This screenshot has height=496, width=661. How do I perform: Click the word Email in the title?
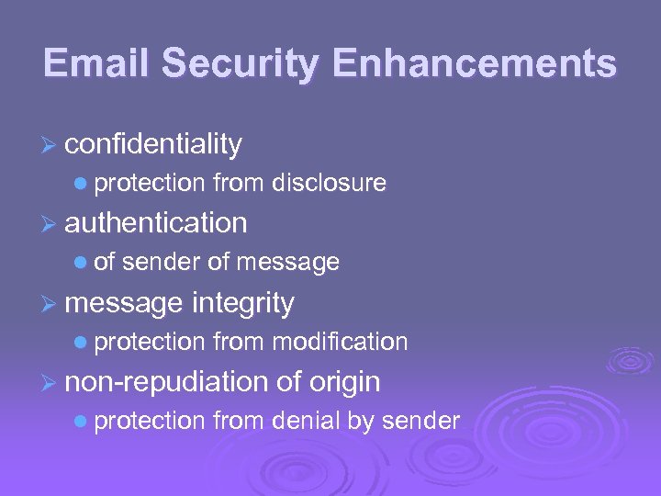point(96,63)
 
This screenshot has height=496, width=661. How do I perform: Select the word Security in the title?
point(243,63)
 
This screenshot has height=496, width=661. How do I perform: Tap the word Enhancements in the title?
point(475,63)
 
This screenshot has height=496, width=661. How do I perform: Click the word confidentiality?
point(153,144)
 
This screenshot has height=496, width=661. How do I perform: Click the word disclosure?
point(330,184)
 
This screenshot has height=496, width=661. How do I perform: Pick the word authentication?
point(156,223)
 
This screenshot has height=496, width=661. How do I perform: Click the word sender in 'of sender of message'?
point(162,263)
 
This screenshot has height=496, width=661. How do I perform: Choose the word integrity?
point(243,302)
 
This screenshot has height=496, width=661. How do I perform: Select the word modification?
point(340,342)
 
